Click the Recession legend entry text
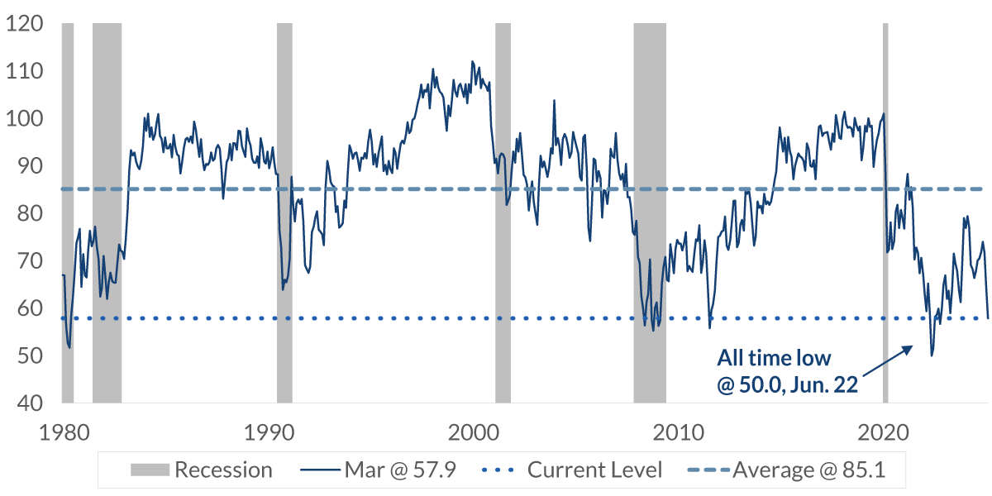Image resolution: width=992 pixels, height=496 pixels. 223,470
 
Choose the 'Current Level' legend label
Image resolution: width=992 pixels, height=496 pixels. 595,470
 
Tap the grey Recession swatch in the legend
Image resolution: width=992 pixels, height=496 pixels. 149,470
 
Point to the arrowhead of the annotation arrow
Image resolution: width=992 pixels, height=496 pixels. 912,347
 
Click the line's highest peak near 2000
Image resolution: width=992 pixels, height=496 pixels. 472,62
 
